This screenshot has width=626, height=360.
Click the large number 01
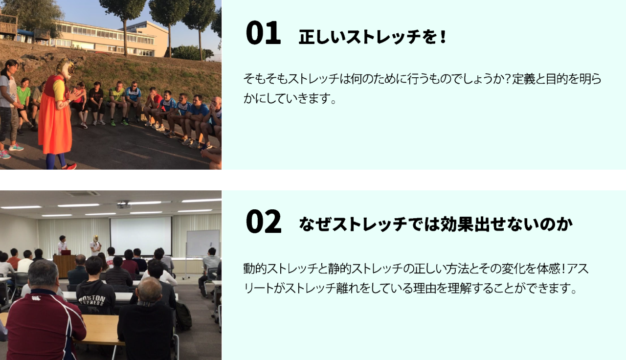pyautogui.click(x=263, y=33)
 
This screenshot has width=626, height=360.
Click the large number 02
pyautogui.click(x=264, y=221)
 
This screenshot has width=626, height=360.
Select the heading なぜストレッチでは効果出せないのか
pyautogui.click(x=435, y=225)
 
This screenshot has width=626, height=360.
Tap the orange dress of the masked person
pyautogui.click(x=54, y=122)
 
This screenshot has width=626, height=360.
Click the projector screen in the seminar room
pyautogui.click(x=141, y=236)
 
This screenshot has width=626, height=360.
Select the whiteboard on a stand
pyautogui.click(x=203, y=243)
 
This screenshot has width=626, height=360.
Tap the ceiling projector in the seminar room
pyautogui.click(x=124, y=204)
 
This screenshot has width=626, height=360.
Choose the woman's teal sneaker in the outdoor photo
pyautogui.click(x=16, y=147)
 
